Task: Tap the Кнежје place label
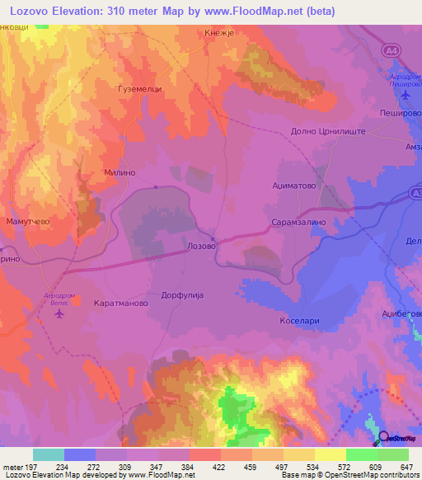(219, 33)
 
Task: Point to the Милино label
(119, 174)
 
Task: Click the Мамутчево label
(30, 222)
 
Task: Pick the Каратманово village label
(120, 304)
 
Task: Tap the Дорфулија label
(181, 294)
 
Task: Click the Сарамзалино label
(300, 223)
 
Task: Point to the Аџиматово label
(295, 186)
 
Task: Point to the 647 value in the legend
(406, 465)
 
